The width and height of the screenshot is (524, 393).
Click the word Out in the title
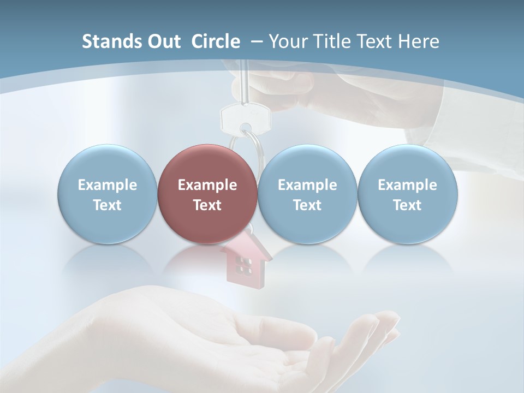point(163,41)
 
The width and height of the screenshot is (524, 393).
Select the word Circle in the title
point(216,41)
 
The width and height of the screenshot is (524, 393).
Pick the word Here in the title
point(419,41)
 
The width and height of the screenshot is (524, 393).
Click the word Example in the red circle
point(207,185)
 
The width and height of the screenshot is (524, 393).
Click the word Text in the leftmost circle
point(107,205)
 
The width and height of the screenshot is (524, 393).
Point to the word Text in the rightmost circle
point(407,205)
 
